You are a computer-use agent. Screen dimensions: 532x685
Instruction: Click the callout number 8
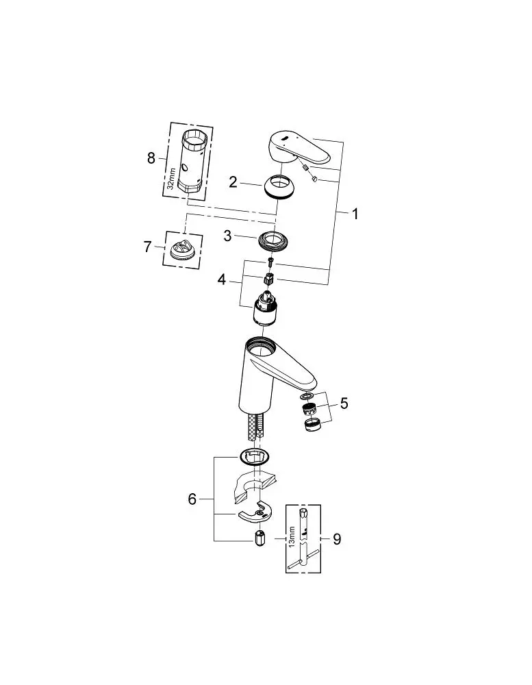point(151,158)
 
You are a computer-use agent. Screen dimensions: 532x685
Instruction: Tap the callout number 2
point(233,182)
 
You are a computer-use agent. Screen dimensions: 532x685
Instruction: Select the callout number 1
point(355,214)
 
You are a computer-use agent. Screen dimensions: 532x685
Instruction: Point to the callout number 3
point(227,236)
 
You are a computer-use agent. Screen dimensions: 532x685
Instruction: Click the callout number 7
point(148,247)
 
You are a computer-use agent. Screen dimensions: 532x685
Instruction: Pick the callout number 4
point(222,279)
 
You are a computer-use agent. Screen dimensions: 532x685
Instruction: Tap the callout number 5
point(344,403)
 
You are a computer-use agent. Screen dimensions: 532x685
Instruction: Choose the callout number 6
point(192,499)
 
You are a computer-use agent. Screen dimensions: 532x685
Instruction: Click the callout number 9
point(337,539)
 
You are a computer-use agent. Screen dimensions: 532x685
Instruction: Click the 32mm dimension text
point(171,178)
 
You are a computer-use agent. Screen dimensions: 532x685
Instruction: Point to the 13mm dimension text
point(292,537)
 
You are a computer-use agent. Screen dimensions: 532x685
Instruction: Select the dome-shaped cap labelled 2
point(277,188)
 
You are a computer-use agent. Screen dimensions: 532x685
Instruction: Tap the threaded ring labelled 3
point(275,242)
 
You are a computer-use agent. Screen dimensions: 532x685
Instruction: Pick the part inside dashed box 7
point(183,250)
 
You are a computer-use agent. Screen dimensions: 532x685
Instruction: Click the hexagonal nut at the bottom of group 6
point(259,537)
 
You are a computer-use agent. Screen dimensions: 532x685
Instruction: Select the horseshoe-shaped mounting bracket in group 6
point(255,512)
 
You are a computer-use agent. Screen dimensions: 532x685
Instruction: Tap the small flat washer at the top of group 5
point(307,396)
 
